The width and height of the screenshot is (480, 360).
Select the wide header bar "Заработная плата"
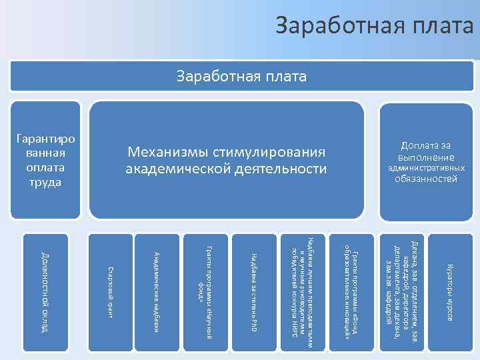tap(241, 77)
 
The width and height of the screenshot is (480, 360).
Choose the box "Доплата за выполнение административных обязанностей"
tap(426, 161)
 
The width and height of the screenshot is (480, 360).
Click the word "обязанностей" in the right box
tap(426, 179)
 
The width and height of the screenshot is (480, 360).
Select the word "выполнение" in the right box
tap(426, 157)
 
